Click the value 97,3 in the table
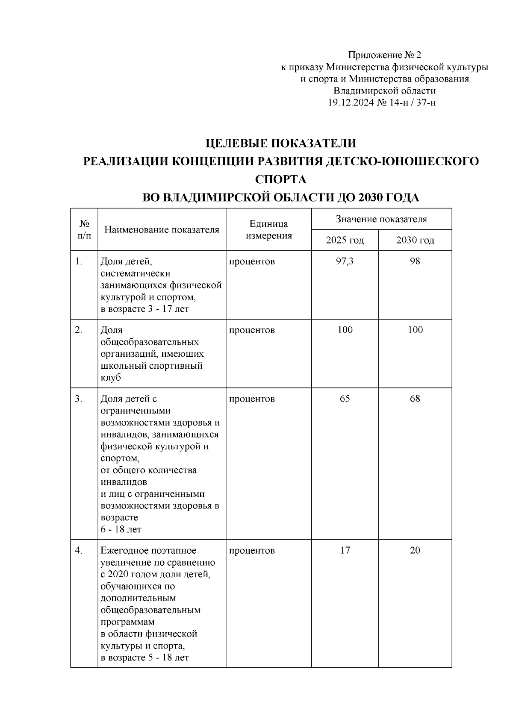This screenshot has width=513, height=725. click(345, 261)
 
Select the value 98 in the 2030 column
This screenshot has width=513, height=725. click(415, 261)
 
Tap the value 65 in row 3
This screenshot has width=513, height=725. click(345, 399)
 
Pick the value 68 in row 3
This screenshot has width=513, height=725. click(415, 399)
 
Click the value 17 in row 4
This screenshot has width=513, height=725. click(345, 550)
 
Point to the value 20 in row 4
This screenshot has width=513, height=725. click(415, 550)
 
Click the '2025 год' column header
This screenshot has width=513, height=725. click(345, 240)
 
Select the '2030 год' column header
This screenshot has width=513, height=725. click(415, 240)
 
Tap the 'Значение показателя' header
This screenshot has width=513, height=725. click(381, 219)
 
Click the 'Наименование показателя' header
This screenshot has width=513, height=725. click(162, 230)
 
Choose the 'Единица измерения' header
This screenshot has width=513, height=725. click(268, 230)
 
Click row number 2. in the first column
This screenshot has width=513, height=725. click(79, 330)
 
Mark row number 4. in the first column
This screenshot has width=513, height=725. click(79, 550)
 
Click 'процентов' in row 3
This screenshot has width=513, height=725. click(252, 399)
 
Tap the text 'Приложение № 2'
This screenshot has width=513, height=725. click(384, 55)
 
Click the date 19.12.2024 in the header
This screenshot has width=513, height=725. click(351, 103)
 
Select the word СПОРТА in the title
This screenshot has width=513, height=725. click(280, 179)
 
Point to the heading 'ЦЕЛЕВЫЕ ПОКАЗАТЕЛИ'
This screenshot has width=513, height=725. click(280, 143)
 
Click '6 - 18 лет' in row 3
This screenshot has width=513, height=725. click(121, 529)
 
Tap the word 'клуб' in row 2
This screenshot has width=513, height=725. click(111, 378)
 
